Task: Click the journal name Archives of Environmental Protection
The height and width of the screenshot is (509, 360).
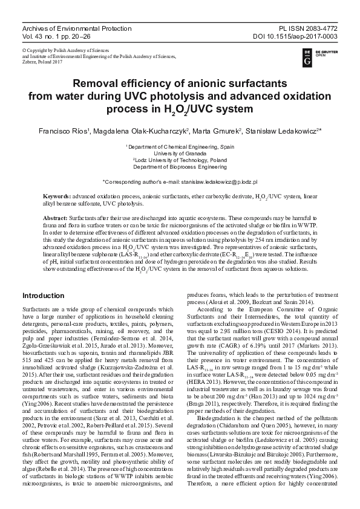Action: [x=76, y=28]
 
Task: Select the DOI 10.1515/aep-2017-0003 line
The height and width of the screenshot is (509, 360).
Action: [x=300, y=36]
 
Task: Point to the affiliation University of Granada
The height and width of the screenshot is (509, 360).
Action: [x=180, y=154]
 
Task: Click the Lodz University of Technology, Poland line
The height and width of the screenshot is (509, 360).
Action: [x=180, y=160]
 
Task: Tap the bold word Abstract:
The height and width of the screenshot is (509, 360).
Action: [x=56, y=217]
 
